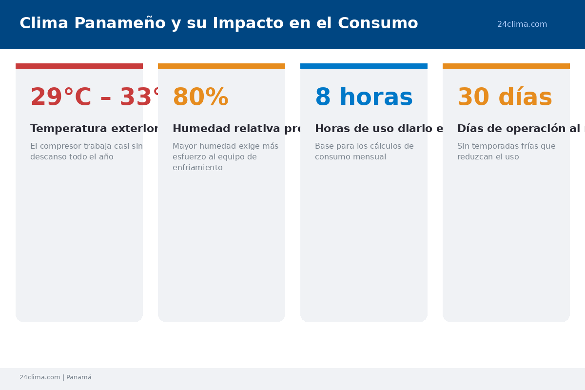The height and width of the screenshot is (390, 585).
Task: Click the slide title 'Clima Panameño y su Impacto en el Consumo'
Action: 218,23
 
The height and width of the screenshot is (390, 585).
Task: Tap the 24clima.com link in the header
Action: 522,24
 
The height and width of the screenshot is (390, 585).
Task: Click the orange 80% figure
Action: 200,97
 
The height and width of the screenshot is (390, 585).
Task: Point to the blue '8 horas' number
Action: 364,97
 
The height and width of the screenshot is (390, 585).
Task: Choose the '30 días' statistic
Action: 505,97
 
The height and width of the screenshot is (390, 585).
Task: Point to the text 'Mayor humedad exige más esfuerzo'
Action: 225,156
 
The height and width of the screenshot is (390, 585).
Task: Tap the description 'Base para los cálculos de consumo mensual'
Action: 364,152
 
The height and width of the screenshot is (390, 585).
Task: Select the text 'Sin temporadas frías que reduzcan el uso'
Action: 506,152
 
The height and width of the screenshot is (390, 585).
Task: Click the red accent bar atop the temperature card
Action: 79,66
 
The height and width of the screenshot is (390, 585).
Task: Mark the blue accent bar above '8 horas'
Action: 364,66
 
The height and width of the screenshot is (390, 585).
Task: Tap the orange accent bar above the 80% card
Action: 221,66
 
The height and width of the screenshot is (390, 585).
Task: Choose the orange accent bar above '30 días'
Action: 506,66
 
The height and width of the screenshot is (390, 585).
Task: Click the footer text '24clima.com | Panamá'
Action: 56,377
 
